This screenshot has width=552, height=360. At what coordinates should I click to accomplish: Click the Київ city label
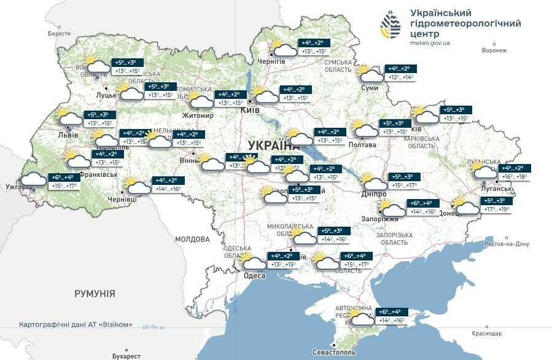(249, 110)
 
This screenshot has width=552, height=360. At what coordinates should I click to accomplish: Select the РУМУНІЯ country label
(95, 294)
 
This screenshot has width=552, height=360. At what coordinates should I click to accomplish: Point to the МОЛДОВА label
(192, 239)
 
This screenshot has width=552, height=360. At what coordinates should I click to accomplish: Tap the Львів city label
(68, 135)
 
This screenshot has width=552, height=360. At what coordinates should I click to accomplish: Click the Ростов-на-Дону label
(507, 244)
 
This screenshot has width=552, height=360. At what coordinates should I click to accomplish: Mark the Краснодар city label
(488, 333)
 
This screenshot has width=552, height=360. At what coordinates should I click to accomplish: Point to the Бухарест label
(126, 356)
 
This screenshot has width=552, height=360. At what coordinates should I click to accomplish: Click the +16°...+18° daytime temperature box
(515, 176)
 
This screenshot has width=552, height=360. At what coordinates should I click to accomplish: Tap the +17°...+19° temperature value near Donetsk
(496, 209)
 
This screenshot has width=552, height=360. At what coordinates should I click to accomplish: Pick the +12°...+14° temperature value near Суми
(400, 77)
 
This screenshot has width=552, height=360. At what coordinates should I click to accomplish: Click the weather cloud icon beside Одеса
(254, 263)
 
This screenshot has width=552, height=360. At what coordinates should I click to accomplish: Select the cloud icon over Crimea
(361, 318)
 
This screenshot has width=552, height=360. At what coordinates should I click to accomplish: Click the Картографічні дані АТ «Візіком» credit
(76, 324)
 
